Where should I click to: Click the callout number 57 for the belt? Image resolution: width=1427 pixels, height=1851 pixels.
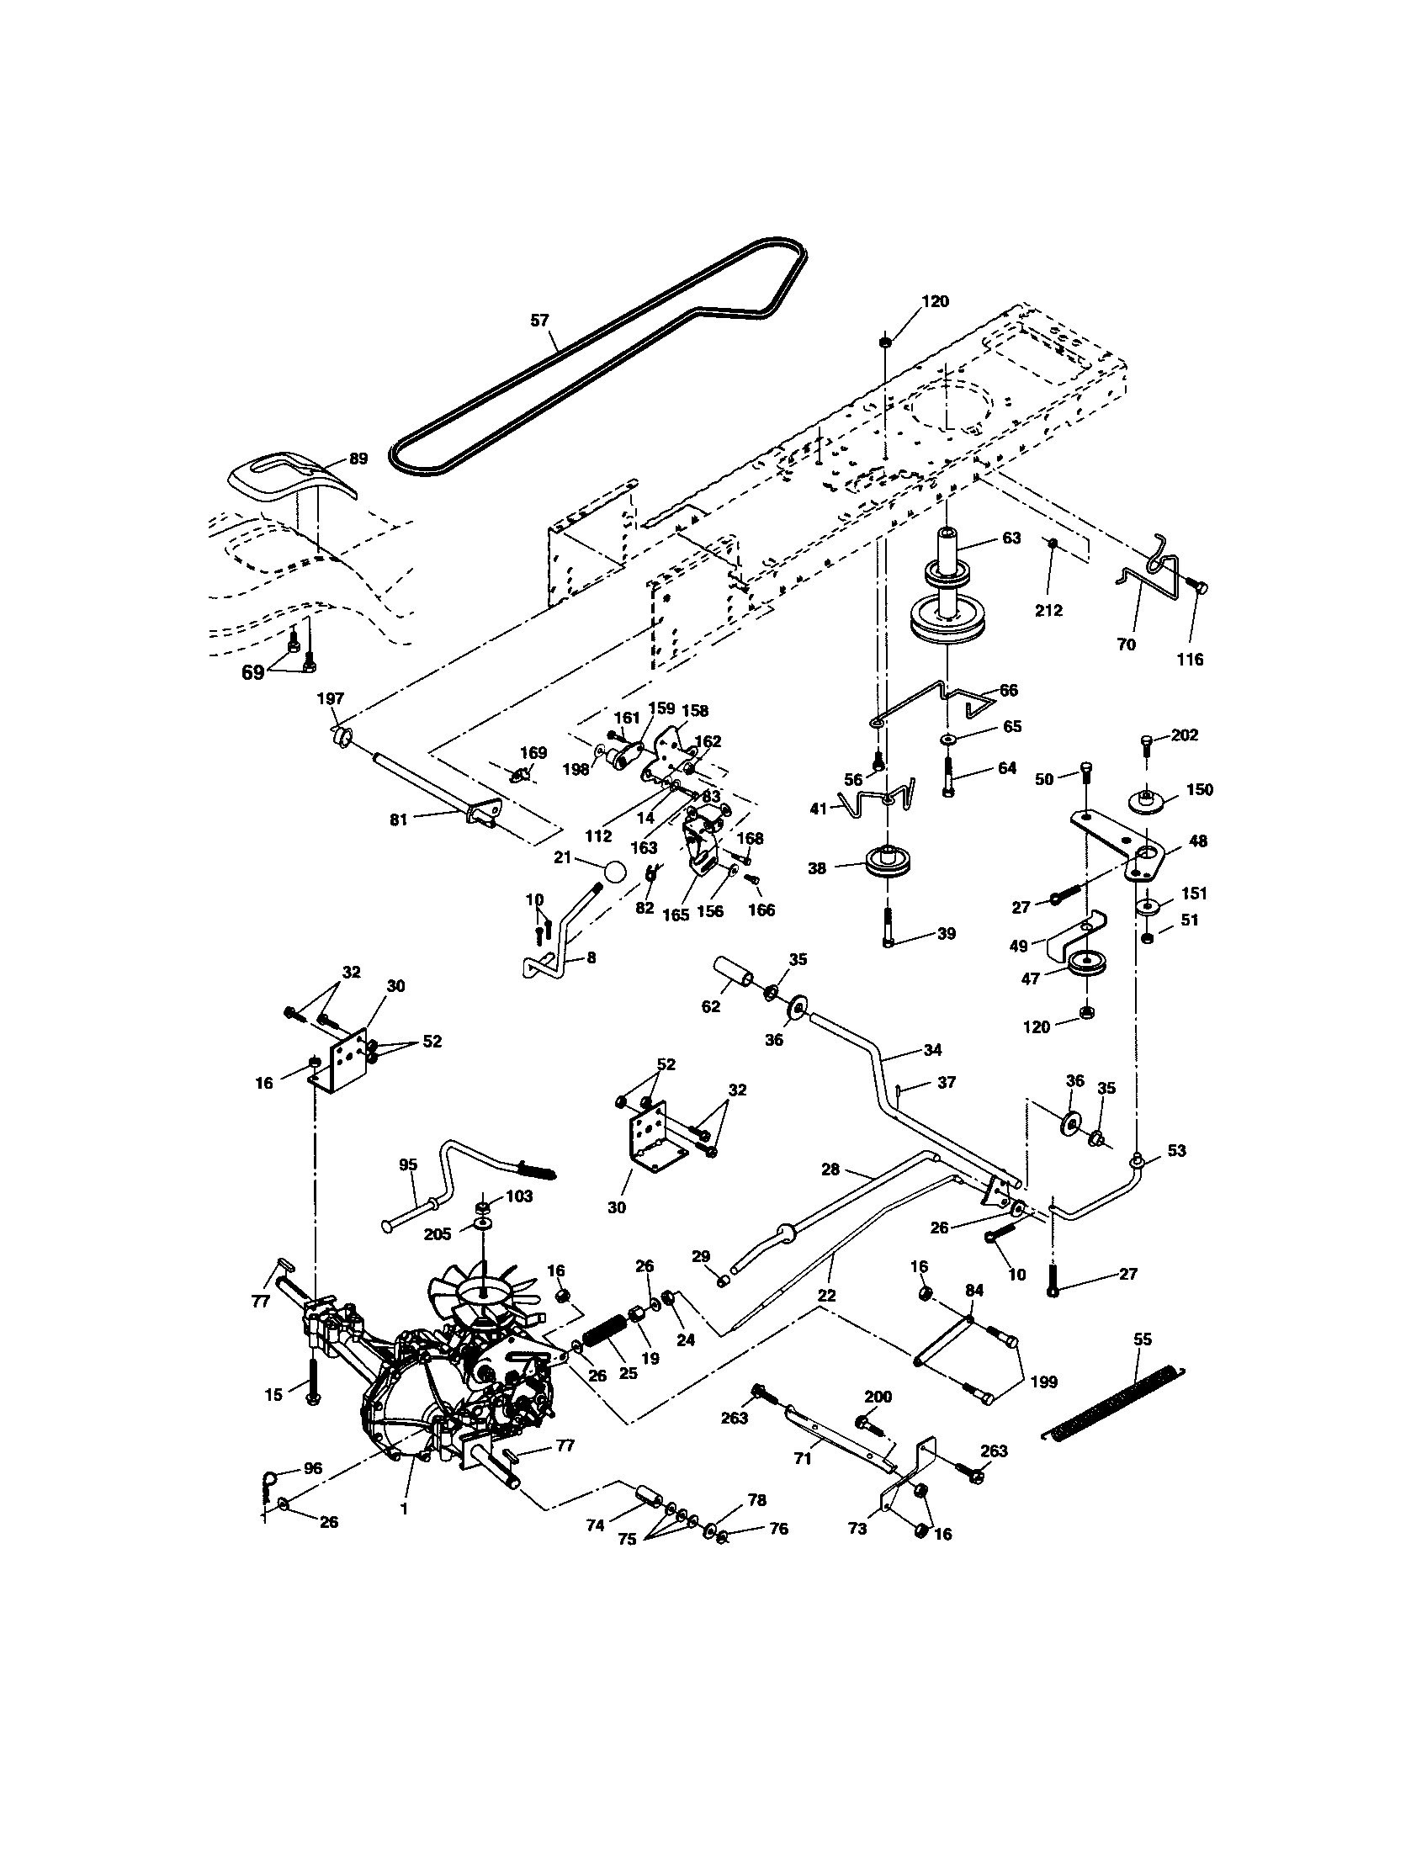click(x=539, y=320)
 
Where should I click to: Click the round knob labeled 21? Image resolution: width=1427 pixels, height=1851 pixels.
click(x=615, y=872)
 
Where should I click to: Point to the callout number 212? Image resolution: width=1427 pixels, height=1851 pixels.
click(x=1048, y=610)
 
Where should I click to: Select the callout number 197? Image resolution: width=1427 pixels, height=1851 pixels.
click(x=331, y=697)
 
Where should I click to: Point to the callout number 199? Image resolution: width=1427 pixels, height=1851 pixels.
click(x=1045, y=1382)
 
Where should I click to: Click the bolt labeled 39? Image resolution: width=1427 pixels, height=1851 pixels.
click(x=887, y=928)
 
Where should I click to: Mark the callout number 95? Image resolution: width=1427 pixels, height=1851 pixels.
click(x=407, y=1164)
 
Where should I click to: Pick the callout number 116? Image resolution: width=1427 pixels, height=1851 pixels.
click(x=1191, y=660)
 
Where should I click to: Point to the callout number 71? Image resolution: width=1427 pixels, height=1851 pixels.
click(x=803, y=1459)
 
